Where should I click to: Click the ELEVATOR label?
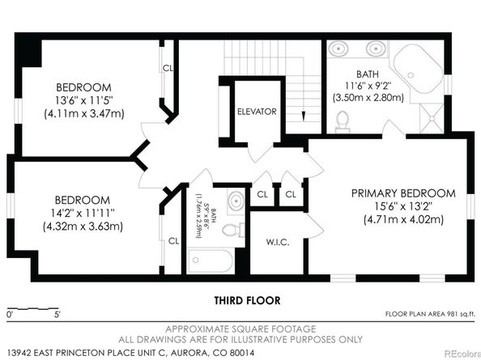(x=257, y=112)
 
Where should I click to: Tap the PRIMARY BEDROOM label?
(x=403, y=193)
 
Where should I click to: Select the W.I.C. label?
(x=277, y=243)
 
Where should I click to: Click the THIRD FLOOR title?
(x=247, y=300)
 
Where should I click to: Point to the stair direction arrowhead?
(x=304, y=116)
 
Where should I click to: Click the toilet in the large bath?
(x=343, y=121)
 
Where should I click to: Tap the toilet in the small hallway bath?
(x=233, y=230)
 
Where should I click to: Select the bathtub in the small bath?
(x=211, y=260)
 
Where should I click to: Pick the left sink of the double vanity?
(x=338, y=49)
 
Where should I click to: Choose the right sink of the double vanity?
(x=375, y=49)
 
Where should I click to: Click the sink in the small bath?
(x=236, y=201)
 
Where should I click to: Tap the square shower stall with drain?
(x=432, y=118)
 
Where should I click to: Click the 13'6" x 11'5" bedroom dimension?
(x=84, y=100)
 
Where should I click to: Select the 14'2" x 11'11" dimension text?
(x=83, y=213)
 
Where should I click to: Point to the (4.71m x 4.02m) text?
(x=403, y=220)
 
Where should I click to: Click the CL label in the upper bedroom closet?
(x=168, y=68)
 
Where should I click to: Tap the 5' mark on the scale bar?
(x=57, y=315)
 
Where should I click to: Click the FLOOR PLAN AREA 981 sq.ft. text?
(x=430, y=314)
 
